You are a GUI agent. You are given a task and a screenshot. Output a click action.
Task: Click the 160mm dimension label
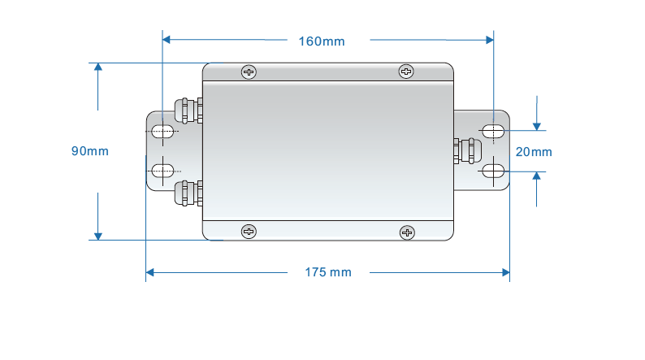tap(322, 41)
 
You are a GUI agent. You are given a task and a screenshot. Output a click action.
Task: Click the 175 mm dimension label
tap(328, 272)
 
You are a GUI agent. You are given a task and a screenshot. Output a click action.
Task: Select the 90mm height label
tap(89, 151)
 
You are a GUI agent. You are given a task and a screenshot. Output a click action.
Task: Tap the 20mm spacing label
tap(534, 152)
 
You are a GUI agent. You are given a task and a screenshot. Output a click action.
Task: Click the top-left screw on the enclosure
tap(248, 72)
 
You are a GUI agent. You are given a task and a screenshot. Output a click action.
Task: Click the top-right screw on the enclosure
tap(406, 72)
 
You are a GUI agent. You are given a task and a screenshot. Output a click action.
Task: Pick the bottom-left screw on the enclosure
tap(248, 232)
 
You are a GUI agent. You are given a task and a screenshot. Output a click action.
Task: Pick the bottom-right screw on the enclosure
tap(407, 233)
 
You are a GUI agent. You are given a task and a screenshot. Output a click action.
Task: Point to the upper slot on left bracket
tap(162, 131)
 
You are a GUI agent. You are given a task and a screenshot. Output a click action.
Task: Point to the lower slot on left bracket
tap(162, 170)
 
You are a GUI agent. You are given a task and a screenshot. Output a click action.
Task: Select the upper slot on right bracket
tap(492, 131)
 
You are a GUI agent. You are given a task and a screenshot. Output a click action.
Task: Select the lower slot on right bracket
tap(492, 171)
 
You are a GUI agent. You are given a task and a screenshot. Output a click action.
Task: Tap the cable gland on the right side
tap(465, 151)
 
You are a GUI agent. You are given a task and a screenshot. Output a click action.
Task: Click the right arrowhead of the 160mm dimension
tap(489, 38)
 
